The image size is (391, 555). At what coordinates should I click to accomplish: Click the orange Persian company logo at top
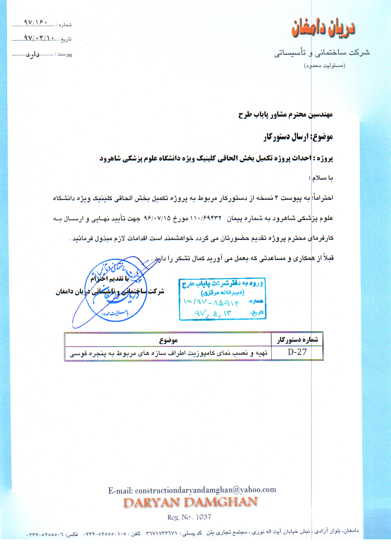323,28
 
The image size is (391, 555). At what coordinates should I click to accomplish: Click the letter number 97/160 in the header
36,23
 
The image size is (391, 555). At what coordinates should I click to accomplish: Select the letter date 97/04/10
39,38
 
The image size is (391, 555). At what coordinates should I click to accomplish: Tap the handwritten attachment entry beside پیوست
33,54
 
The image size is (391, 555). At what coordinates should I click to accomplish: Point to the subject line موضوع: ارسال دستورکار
298,137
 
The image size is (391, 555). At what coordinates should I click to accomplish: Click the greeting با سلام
322,178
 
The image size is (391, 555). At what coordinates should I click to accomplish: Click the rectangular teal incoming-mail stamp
223,299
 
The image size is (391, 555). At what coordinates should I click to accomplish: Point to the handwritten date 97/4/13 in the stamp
213,313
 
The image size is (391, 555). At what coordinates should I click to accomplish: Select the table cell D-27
297,352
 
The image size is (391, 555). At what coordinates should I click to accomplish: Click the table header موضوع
168,340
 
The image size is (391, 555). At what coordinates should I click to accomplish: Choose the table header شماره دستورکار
297,340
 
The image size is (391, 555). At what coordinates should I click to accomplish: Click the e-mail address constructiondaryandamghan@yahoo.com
205,490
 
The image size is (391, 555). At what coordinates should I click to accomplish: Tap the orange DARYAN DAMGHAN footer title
190,503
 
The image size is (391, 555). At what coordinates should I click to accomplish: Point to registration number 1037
203,517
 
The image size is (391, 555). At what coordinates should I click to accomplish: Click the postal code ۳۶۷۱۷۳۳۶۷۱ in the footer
161,533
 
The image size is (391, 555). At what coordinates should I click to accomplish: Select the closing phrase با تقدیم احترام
110,279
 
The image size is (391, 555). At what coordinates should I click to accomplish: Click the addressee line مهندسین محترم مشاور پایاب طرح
285,115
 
